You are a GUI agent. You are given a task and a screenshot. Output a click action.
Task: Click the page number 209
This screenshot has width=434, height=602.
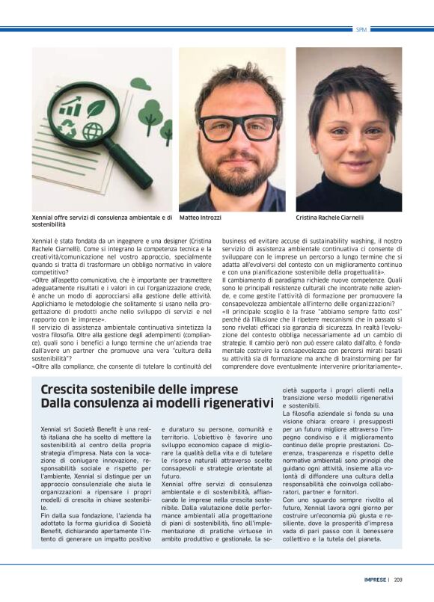coord(398,579)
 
